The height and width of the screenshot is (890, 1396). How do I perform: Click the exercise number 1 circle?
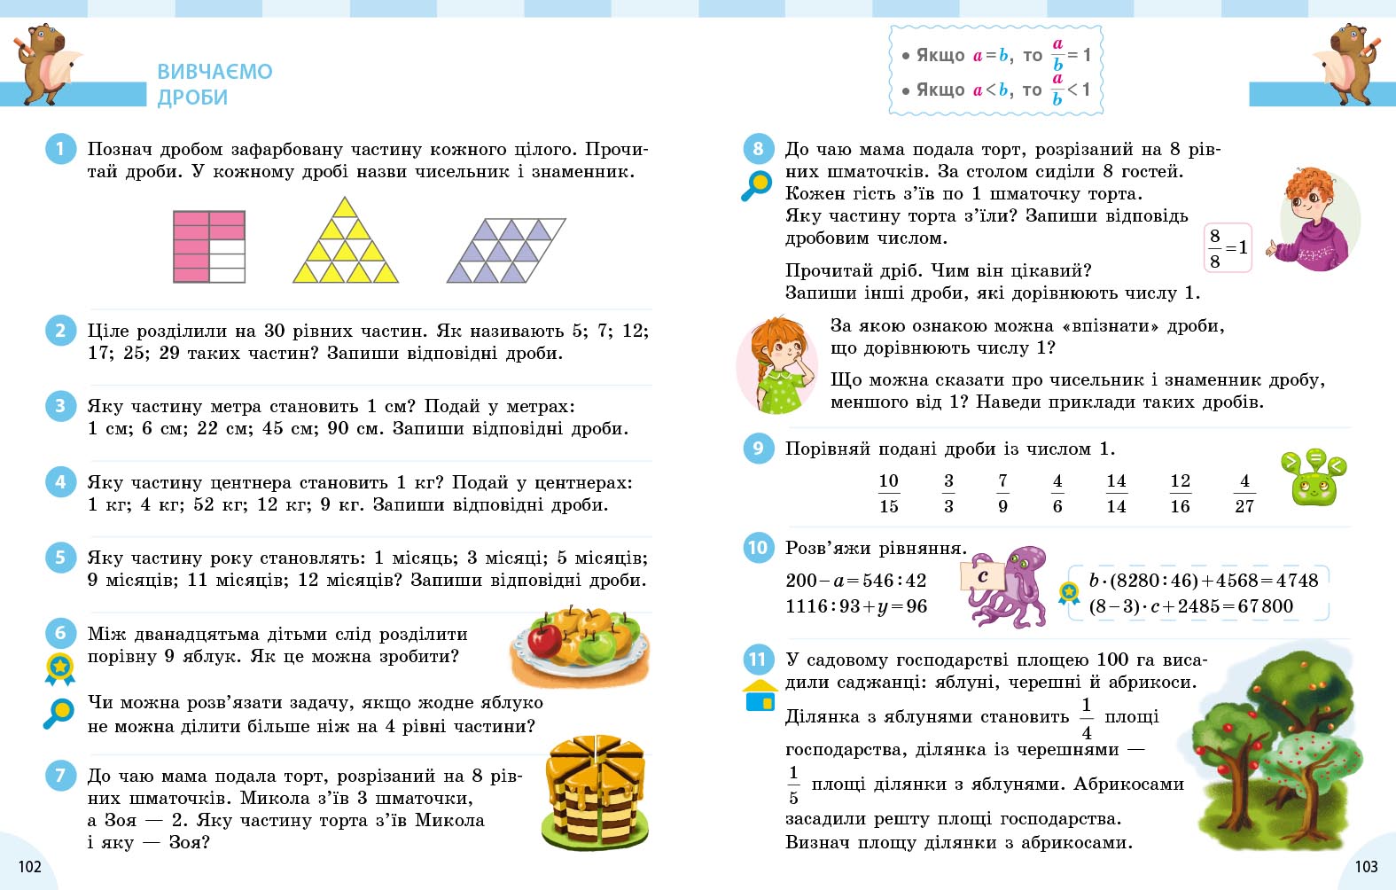point(60,149)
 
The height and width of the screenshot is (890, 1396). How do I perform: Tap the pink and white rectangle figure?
point(209,246)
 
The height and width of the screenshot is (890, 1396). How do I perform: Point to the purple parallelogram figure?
point(506,251)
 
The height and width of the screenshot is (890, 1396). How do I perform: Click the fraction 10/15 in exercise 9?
point(889,493)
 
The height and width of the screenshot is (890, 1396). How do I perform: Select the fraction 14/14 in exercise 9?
point(1116,493)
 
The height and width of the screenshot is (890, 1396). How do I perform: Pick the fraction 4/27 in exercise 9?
point(1244,493)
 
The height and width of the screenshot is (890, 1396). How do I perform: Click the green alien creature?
point(1314,480)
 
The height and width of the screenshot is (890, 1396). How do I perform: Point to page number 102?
point(29,866)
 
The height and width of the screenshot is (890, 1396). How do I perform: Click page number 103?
point(1366,866)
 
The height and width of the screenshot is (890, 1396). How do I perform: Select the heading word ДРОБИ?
point(192,98)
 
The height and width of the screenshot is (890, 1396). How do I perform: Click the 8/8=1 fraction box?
point(1228,248)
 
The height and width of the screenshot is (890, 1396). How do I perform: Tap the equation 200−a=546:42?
point(855,581)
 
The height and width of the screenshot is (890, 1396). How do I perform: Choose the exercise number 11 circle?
point(758,660)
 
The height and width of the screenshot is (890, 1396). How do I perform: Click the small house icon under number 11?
point(760,696)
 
